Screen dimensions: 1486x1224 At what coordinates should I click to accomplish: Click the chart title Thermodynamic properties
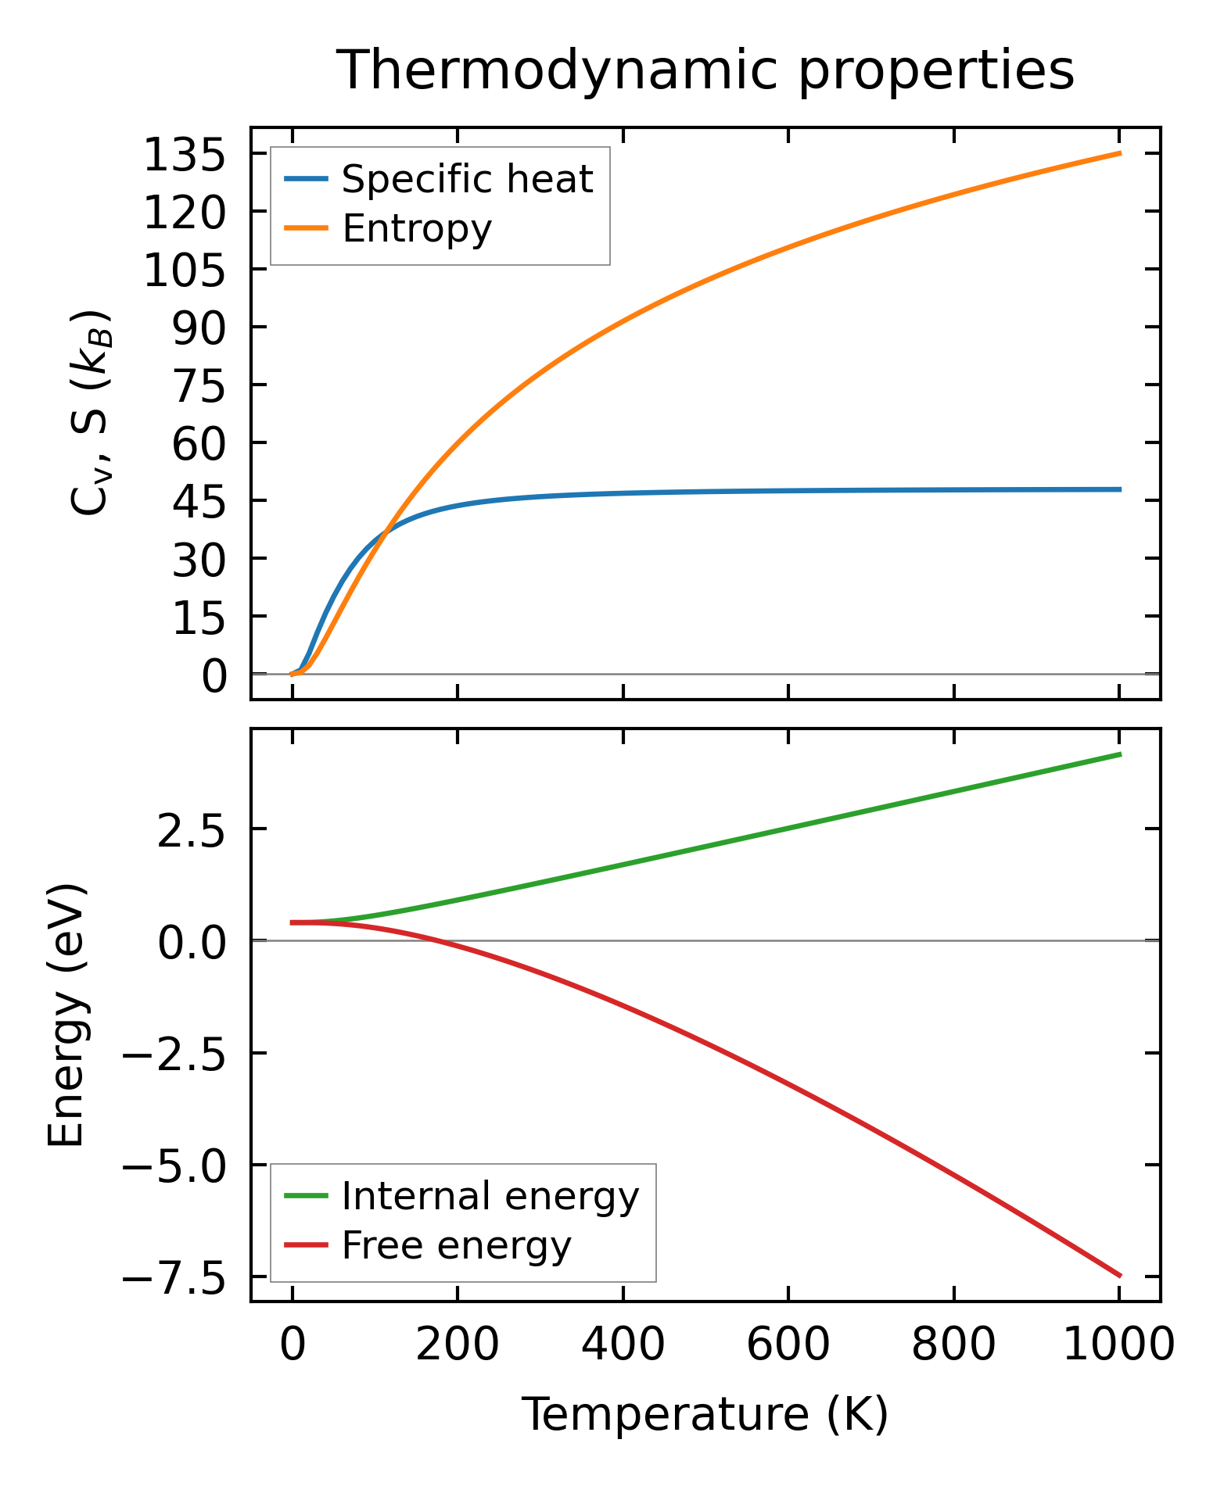(705, 70)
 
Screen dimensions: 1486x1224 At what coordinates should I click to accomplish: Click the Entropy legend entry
(416, 229)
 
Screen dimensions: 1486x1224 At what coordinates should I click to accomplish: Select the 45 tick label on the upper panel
(199, 502)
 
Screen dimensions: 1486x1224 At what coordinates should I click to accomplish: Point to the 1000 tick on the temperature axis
(1119, 1346)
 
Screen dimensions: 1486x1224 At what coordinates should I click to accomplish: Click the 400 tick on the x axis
(623, 1346)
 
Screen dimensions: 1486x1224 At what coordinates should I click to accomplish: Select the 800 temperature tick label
(953, 1346)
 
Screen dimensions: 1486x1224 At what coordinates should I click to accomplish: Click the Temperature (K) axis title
(705, 1415)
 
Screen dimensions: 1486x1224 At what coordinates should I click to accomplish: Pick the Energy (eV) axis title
(66, 1015)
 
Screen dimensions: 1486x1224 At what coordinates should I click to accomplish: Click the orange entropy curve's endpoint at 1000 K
(1120, 153)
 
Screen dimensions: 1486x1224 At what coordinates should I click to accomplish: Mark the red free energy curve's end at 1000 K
(1120, 1276)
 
